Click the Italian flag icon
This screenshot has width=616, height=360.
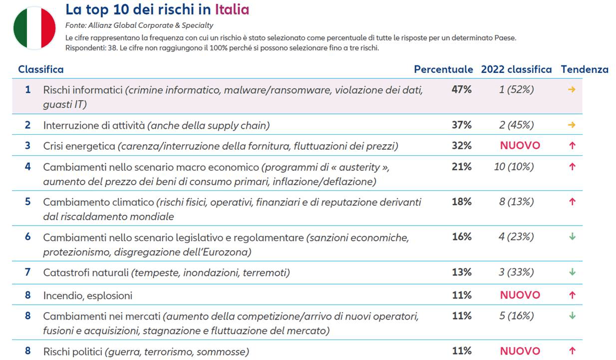[x=34, y=28]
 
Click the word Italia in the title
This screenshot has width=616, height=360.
[x=232, y=9]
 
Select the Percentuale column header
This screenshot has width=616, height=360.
[x=443, y=69]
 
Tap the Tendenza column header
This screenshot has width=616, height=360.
[x=585, y=69]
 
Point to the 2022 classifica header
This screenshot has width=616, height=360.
[x=516, y=69]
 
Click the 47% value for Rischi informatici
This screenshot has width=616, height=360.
[x=462, y=90]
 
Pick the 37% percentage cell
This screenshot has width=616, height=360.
[x=462, y=125]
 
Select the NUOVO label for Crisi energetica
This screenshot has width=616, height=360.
[x=520, y=145]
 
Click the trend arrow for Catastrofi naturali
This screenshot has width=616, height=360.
[x=572, y=272]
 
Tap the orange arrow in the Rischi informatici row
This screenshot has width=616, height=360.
[x=572, y=90]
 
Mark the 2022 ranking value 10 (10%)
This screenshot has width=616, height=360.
[x=514, y=167]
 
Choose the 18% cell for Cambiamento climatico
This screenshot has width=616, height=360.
[x=462, y=202]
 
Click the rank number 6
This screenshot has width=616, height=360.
[x=28, y=237]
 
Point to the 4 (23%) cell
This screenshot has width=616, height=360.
[x=516, y=237]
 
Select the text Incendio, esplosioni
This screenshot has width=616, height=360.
[x=88, y=296]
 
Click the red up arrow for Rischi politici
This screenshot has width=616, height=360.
[x=572, y=351]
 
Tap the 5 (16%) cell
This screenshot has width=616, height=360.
[x=516, y=316]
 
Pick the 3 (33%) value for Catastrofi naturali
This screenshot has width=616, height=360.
[x=516, y=272]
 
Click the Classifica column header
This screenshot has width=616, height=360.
[x=41, y=69]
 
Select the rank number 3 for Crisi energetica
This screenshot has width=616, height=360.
[x=28, y=145]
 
